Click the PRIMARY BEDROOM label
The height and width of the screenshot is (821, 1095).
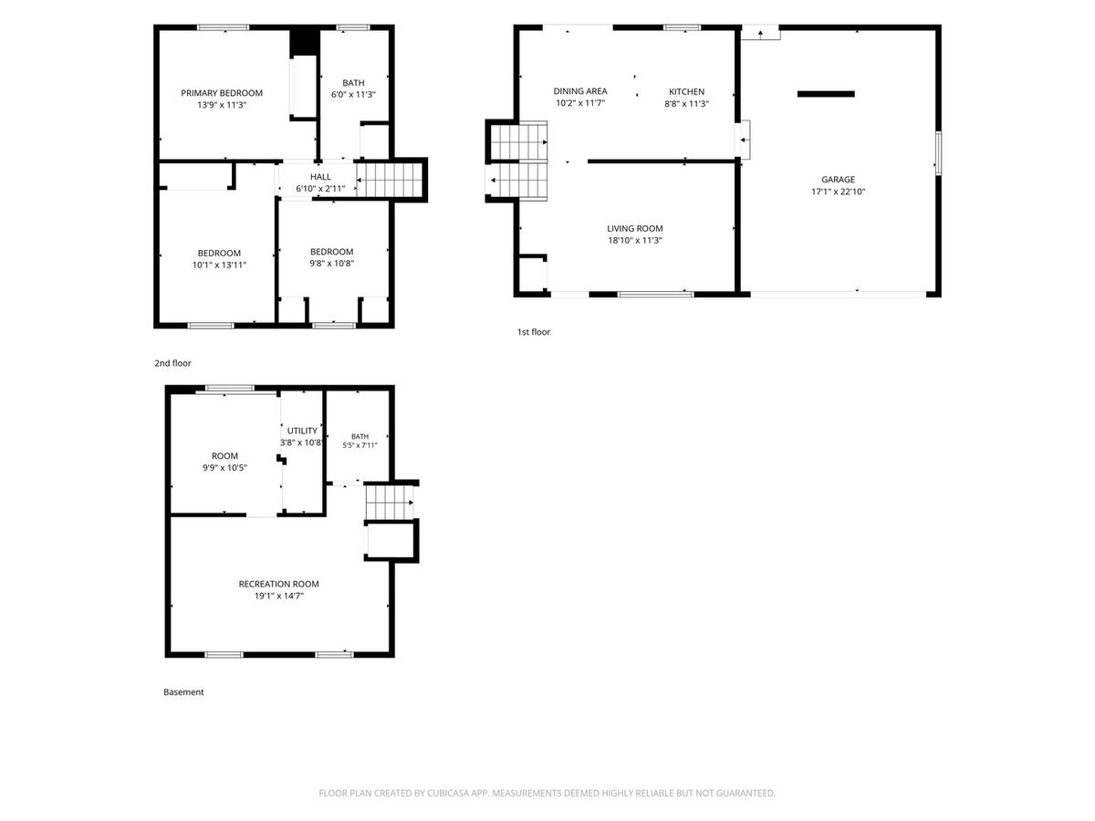tap(222, 93)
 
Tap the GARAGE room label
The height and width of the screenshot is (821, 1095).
tap(838, 180)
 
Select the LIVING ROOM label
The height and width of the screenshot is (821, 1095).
tap(634, 228)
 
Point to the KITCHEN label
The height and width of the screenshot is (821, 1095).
tap(686, 92)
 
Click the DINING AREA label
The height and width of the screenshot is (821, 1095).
tap(580, 91)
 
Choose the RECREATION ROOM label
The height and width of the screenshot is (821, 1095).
tap(278, 584)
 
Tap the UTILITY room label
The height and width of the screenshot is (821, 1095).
tap(302, 431)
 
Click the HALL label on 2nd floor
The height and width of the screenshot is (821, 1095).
tap(320, 177)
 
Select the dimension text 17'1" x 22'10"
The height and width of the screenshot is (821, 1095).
tap(838, 192)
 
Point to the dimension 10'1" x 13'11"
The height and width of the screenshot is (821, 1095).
tap(220, 265)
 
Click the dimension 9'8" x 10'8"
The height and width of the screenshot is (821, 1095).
tap(331, 264)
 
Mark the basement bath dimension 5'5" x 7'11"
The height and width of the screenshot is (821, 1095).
tap(360, 446)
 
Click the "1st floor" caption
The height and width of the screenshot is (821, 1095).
tap(533, 332)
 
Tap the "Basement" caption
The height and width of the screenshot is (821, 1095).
tap(183, 691)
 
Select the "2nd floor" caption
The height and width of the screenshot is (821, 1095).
tap(172, 363)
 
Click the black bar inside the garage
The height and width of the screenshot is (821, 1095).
tap(826, 94)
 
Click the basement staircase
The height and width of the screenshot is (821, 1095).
tap(390, 503)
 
